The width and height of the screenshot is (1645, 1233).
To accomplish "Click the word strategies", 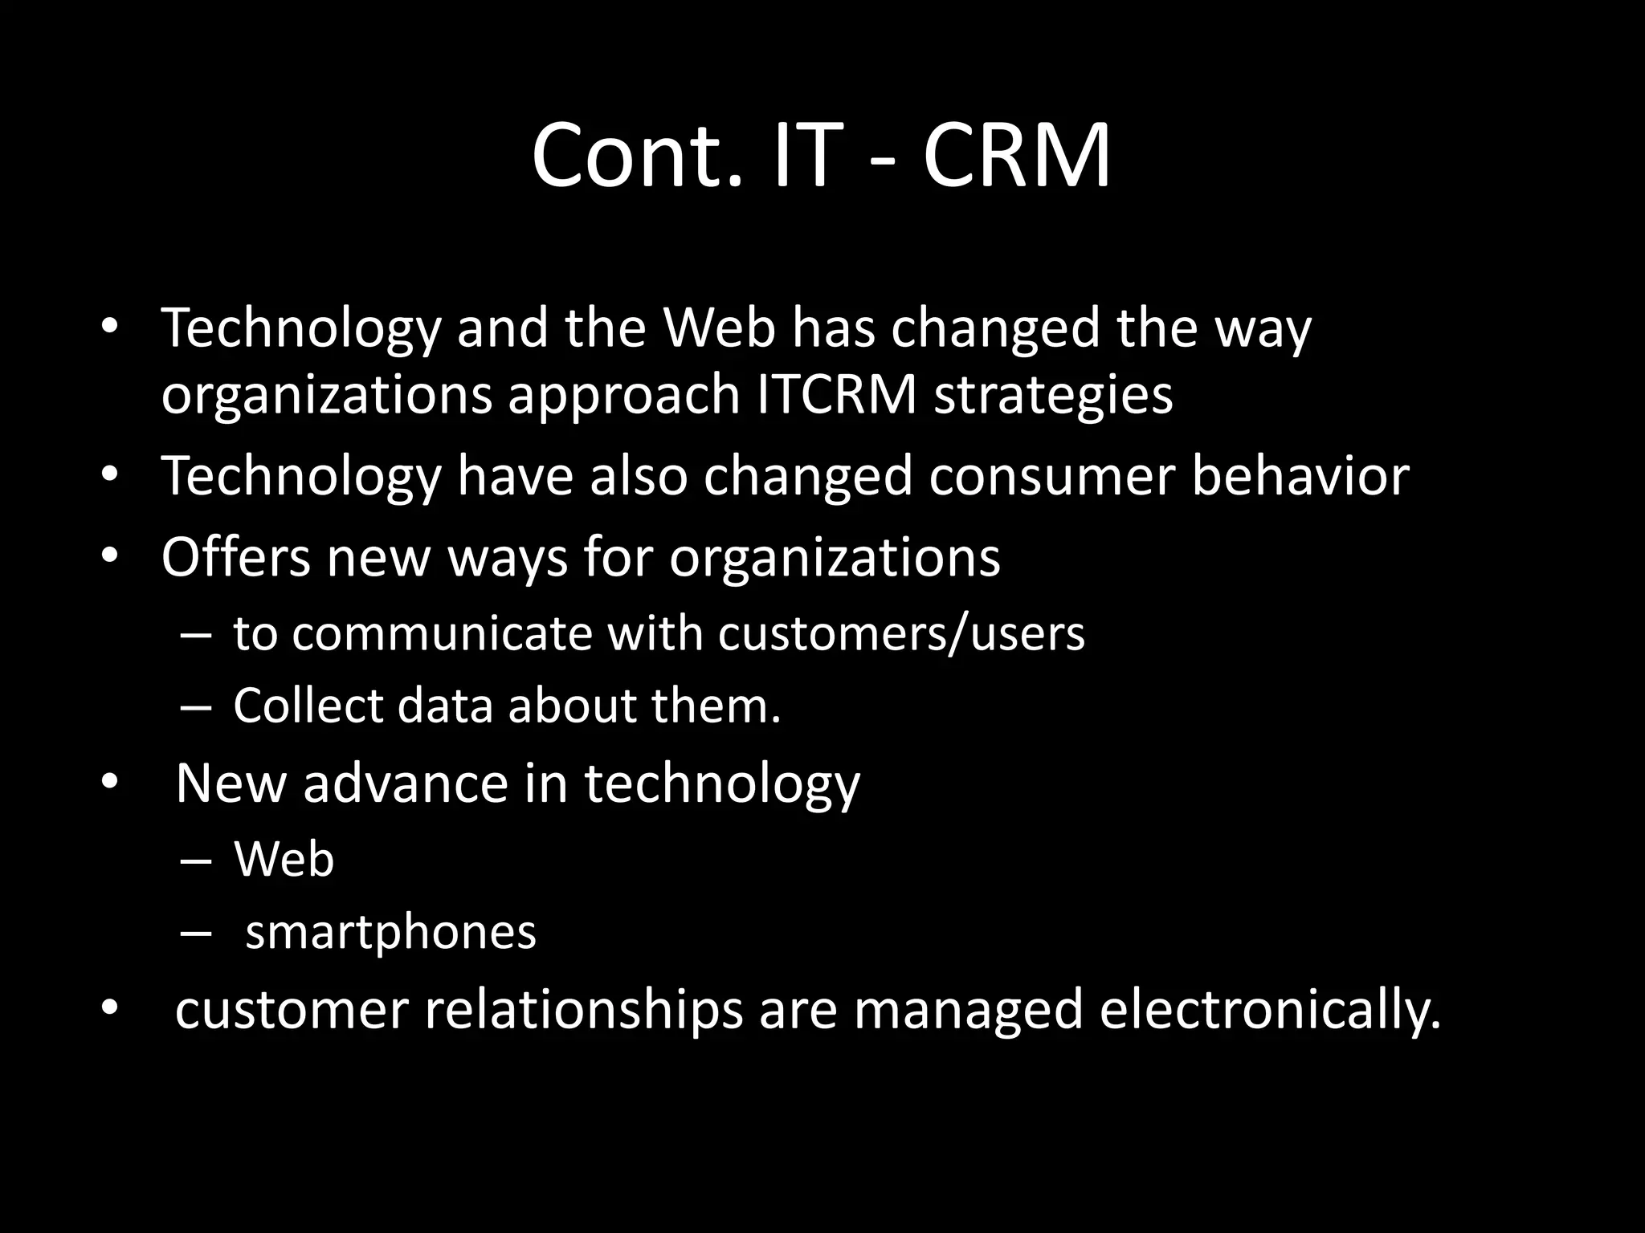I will coord(1053,395).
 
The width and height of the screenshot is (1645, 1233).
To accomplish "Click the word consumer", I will coord(1052,475).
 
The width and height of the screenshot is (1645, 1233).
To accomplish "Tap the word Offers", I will coord(235,556).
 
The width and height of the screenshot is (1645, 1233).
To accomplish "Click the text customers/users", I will coord(900,633).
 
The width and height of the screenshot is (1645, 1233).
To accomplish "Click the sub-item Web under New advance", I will coord(284,859).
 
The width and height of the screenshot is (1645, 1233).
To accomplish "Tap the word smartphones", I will coord(390,933).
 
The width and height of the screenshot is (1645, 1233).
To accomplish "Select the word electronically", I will coord(1270,1009).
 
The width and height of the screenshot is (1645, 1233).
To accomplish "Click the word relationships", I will coord(584,1009).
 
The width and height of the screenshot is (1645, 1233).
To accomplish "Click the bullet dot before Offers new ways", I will coord(110,555).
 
